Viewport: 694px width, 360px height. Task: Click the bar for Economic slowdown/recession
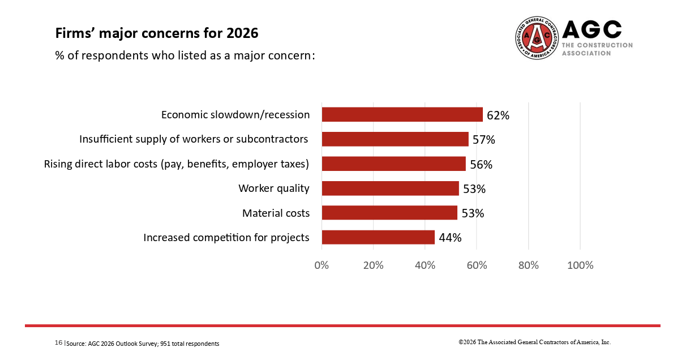402,114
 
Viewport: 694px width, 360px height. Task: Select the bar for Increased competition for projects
378,237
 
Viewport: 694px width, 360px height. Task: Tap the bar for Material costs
389,213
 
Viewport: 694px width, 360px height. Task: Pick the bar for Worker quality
390,188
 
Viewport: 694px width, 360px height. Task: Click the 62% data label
498,115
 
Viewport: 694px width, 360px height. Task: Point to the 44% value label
450,238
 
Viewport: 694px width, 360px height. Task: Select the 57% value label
484,140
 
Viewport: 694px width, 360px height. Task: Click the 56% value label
481,165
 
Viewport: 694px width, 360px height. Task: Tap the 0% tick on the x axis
322,265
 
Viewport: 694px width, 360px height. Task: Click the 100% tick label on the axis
580,265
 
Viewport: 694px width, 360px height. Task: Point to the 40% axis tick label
425,265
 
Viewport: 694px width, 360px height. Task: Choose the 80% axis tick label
528,265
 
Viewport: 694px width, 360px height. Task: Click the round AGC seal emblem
537,37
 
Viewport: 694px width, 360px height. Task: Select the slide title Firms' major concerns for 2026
157,33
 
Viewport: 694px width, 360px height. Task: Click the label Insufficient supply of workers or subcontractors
194,139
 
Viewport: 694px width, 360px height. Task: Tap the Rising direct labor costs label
177,164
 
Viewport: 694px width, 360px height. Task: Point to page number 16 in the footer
58,343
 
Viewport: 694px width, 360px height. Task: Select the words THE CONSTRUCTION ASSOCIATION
597,49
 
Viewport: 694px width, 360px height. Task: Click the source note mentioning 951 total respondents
143,344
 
